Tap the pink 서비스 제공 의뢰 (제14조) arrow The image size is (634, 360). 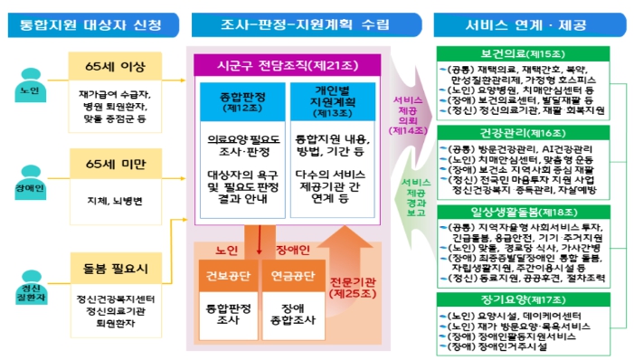399,113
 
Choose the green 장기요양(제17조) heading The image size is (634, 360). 532,298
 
